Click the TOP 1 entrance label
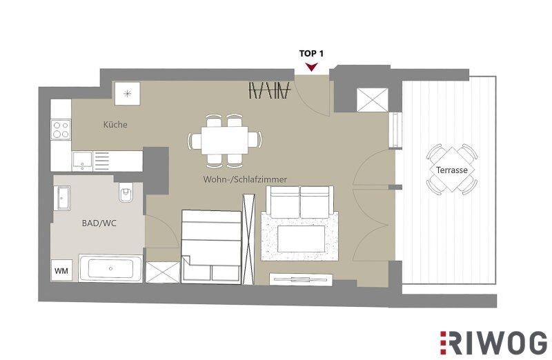point(311,54)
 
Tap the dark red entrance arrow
point(312,67)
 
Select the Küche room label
point(115,124)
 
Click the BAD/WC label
point(99,223)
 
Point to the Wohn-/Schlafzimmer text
point(245,179)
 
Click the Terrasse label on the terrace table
point(452,170)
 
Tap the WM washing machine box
point(61,270)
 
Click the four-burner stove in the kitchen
point(61,130)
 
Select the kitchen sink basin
point(82,161)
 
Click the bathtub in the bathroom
point(110,268)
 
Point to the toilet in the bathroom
point(125,193)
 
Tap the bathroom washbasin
point(62,198)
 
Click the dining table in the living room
point(225,140)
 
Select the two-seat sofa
point(300,201)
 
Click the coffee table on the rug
point(301,239)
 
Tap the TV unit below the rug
point(301,279)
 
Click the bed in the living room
point(211,246)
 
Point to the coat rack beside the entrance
point(270,90)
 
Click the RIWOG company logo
point(493,343)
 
